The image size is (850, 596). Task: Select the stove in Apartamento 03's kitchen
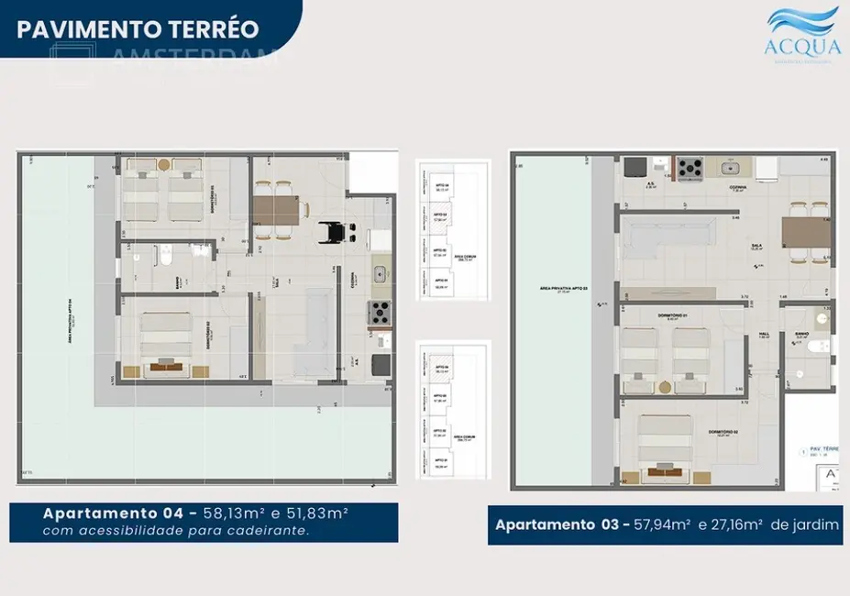pos(690,168)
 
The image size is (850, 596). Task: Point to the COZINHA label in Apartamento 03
pos(738,186)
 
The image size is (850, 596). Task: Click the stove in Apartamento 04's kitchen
pos(379,312)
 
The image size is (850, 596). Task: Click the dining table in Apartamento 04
pos(275,210)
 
